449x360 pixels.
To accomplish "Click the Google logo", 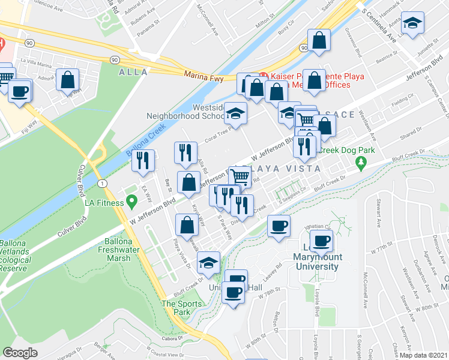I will click(x=20, y=353).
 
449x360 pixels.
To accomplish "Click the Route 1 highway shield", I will click(x=104, y=182).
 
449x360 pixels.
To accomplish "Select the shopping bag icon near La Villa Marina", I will click(x=68, y=79).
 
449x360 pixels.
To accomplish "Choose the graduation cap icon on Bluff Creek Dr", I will click(x=208, y=263).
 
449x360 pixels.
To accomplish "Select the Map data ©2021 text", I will click(x=424, y=355).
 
